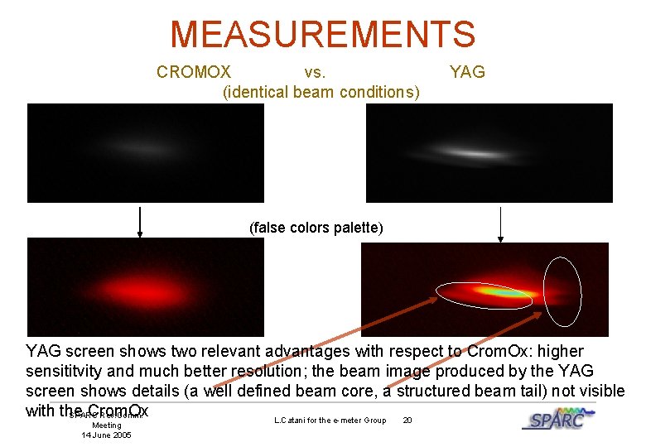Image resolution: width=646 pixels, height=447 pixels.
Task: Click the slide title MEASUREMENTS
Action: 323,34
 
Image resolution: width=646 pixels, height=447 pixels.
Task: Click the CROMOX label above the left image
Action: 194,72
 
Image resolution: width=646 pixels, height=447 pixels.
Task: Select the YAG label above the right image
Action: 467,72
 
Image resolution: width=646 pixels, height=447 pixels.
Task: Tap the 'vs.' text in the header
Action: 316,72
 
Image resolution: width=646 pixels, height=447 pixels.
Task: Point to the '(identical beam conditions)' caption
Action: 321,91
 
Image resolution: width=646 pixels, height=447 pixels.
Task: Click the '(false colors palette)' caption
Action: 316,228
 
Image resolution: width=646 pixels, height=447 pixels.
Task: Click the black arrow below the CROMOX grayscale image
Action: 140,221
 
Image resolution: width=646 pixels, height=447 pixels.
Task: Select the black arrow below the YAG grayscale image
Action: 500,223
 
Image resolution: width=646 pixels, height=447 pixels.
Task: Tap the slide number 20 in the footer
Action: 407,421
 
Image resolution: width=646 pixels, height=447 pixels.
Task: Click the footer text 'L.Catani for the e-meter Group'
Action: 330,421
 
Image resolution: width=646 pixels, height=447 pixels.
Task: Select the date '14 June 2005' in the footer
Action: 106,435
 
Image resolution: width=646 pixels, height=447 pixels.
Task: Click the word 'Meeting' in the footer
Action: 106,425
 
